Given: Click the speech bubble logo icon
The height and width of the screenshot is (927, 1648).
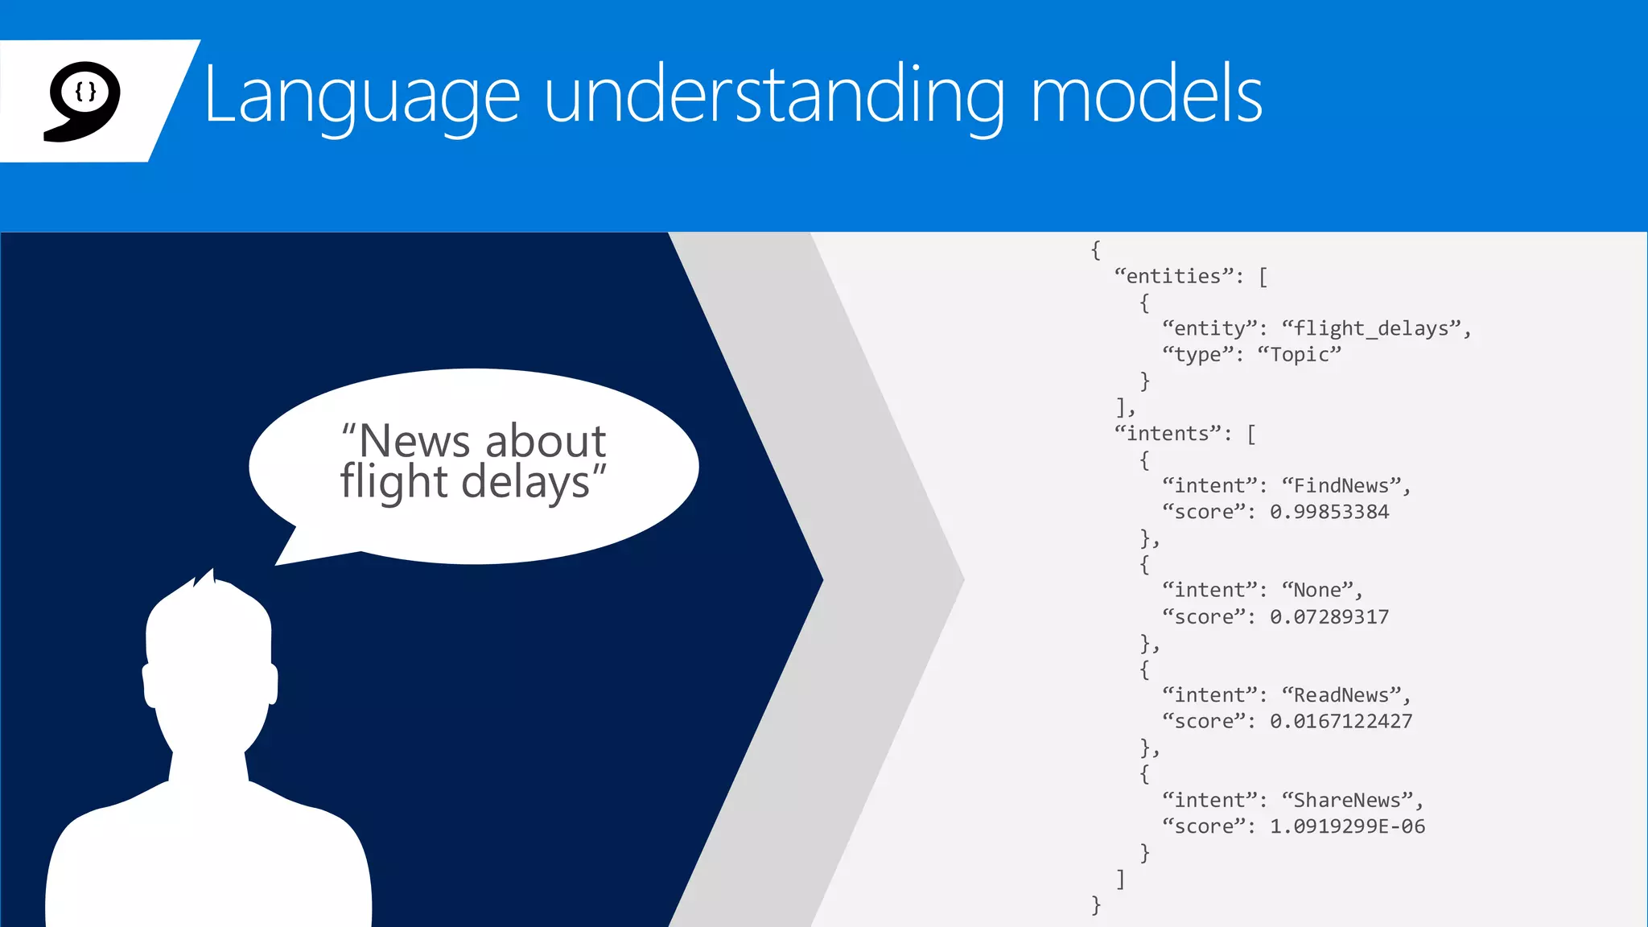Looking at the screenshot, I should tap(82, 100).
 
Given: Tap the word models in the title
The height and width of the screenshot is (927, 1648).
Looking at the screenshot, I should tap(1146, 95).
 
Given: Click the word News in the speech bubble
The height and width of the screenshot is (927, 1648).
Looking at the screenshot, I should tap(414, 441).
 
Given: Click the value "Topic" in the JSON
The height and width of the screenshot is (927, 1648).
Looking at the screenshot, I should tap(1299, 355).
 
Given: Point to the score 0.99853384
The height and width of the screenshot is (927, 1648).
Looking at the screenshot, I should tap(1329, 512).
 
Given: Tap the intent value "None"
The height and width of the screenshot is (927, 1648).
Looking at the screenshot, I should tap(1318, 591).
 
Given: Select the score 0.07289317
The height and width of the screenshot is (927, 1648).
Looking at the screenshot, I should tap(1329, 617).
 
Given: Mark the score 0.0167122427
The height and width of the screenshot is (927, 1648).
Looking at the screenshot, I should tap(1341, 722).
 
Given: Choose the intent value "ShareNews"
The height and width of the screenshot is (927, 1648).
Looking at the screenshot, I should tap(1349, 801).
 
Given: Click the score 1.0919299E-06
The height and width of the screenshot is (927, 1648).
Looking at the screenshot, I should tap(1347, 826).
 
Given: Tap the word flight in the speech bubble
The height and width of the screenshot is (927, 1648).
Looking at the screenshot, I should tap(393, 482).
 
